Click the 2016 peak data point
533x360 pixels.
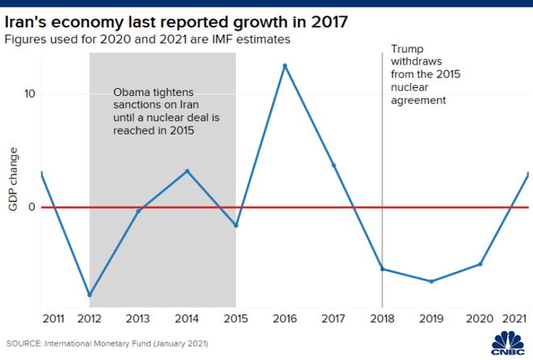pos(284,65)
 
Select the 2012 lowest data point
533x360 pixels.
pos(90,295)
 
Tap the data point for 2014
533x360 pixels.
pos(187,171)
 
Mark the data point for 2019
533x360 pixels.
pos(431,282)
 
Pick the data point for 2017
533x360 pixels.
pos(334,165)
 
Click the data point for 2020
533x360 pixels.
pos(480,264)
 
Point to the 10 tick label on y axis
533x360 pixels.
pos(29,94)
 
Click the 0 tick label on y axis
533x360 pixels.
pos(32,207)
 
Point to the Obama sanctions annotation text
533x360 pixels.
pos(166,112)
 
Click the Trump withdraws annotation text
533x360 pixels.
pos(418,75)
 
